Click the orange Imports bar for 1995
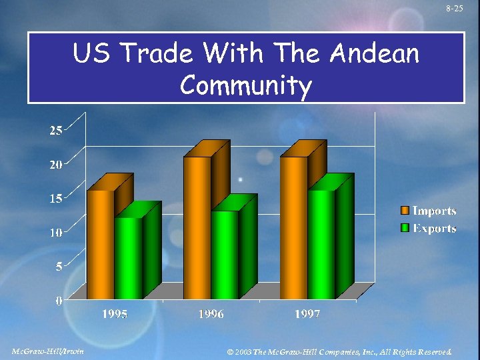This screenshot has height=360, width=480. pyautogui.click(x=101, y=243)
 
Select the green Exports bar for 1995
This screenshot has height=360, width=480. pyautogui.click(x=128, y=257)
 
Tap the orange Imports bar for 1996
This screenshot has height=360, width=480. pyautogui.click(x=197, y=227)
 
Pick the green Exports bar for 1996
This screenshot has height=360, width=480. pyautogui.click(x=225, y=254)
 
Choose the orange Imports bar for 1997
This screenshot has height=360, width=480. pyautogui.click(x=293, y=227)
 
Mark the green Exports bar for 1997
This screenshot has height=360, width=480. pyautogui.click(x=321, y=243)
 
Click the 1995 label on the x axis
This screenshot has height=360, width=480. pyautogui.click(x=115, y=314)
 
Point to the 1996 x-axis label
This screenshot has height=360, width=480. pyautogui.click(x=211, y=314)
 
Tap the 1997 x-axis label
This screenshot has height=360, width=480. pyautogui.click(x=307, y=314)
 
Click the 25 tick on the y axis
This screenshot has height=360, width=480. pyautogui.click(x=56, y=131)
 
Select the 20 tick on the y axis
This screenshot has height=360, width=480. pyautogui.click(x=56, y=165)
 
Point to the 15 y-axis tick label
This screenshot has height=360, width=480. pyautogui.click(x=56, y=199)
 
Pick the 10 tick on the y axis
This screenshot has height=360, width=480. pyautogui.click(x=56, y=233)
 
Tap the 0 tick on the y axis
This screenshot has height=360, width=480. pyautogui.click(x=59, y=301)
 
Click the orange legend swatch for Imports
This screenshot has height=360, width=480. pyautogui.click(x=404, y=211)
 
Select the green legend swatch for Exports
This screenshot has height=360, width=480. pyautogui.click(x=404, y=229)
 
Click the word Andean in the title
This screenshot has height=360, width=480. pyautogui.click(x=375, y=53)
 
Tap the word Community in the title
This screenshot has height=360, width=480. pyautogui.click(x=245, y=85)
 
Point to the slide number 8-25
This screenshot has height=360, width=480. pyautogui.click(x=455, y=8)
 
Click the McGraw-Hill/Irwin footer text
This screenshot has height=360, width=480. pyautogui.click(x=48, y=351)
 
